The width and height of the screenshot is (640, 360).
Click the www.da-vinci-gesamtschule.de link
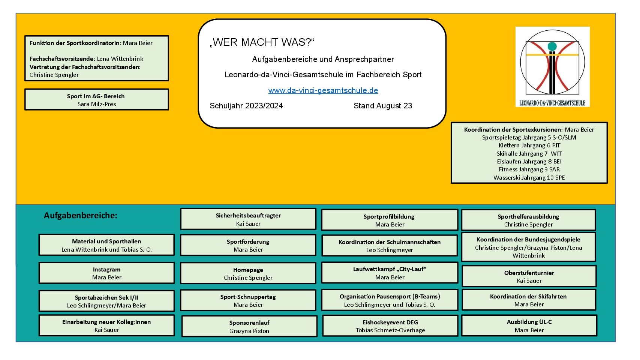point(323,90)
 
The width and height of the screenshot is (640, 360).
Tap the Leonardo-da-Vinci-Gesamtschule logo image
point(552,66)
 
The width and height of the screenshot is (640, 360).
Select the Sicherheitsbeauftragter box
point(248,219)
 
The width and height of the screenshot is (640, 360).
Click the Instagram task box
point(106,273)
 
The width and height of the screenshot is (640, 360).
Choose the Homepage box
point(248,273)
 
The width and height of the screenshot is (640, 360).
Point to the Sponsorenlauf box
point(249,326)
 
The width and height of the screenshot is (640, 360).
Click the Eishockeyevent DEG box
point(390,326)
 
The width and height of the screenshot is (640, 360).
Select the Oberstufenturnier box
point(529,276)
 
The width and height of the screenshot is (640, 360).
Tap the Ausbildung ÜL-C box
point(529,325)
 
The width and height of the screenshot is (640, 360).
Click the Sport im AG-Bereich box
point(96,99)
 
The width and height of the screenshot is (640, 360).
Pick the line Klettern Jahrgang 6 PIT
point(529,145)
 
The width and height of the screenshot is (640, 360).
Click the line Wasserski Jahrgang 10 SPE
point(529,178)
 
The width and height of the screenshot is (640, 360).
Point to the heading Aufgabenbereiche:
point(81,216)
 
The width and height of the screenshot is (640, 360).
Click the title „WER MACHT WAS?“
point(262,42)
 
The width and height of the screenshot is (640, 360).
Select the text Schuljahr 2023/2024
point(246,106)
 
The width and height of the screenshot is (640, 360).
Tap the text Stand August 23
point(382,106)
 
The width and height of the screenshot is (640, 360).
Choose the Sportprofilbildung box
point(390,220)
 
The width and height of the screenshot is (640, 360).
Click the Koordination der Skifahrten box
point(529,300)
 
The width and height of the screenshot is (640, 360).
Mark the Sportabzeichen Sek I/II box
point(106,301)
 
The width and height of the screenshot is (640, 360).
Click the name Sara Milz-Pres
point(97,104)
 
